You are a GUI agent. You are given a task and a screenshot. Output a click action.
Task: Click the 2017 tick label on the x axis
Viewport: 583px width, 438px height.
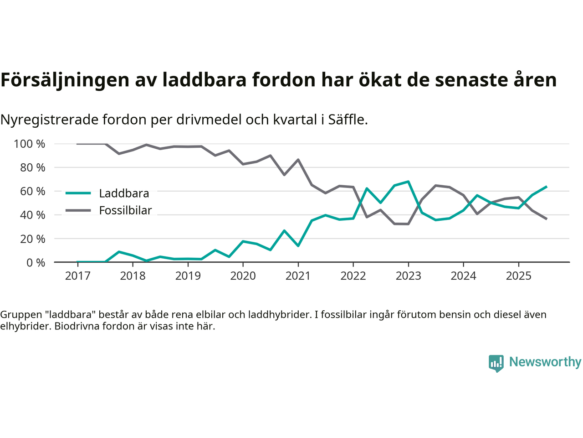tap(77, 276)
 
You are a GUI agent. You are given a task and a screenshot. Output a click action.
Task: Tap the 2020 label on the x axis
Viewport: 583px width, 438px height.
tap(243, 276)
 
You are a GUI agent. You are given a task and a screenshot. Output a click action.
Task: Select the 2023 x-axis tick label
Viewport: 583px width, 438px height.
tap(408, 276)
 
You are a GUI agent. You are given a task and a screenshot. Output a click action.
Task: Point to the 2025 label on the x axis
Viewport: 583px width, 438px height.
tap(518, 276)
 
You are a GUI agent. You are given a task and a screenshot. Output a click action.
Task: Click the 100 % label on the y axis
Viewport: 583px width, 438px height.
tap(30, 144)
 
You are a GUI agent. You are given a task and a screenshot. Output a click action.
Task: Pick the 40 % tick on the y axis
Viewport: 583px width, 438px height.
tap(32, 215)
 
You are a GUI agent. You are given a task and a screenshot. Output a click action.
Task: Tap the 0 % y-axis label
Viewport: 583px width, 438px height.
tap(35, 262)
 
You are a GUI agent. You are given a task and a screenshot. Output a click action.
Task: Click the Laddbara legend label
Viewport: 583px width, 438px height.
tap(124, 193)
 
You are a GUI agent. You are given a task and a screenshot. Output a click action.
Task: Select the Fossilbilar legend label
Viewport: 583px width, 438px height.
tap(125, 210)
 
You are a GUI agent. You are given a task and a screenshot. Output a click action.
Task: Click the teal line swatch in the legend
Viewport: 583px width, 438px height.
tap(78, 193)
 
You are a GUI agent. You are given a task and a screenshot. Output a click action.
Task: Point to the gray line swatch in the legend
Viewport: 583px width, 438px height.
tap(78, 210)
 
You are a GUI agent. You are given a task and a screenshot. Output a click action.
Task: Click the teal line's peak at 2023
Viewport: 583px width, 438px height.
tap(408, 182)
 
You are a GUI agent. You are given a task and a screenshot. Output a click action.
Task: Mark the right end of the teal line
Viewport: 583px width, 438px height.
tap(546, 187)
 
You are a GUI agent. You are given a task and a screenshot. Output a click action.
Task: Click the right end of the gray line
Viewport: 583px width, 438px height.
tap(546, 219)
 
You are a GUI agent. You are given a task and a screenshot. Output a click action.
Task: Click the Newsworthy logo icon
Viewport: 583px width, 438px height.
tap(496, 363)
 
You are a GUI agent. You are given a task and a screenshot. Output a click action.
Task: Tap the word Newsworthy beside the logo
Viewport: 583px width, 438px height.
tap(545, 362)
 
